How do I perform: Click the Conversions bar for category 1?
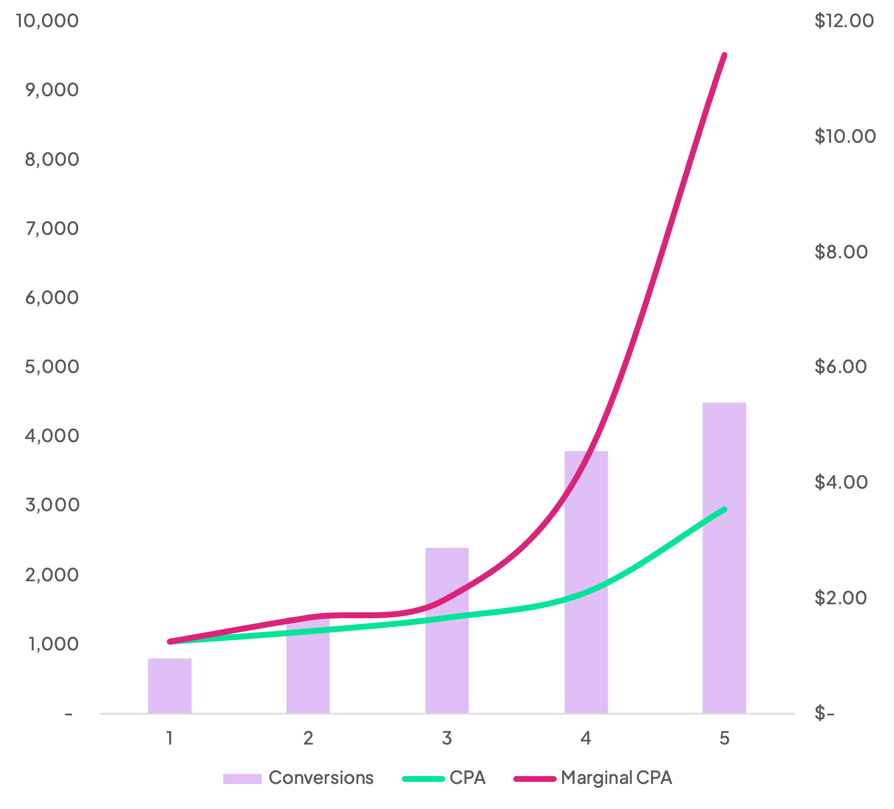(x=170, y=685)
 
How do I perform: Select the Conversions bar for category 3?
(x=447, y=630)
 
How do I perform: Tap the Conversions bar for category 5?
(x=724, y=557)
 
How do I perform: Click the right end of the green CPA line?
(x=724, y=509)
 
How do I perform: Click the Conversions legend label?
(x=321, y=778)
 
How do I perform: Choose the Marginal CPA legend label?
(x=616, y=778)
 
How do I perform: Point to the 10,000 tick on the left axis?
(x=48, y=20)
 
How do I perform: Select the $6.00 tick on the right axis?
(x=841, y=366)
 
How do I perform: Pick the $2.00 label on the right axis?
(x=841, y=597)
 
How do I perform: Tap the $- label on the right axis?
(x=824, y=713)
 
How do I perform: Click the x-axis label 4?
(x=586, y=738)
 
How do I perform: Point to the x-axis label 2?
(x=308, y=738)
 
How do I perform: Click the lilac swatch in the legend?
(x=242, y=778)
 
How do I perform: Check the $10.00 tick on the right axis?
(x=845, y=136)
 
